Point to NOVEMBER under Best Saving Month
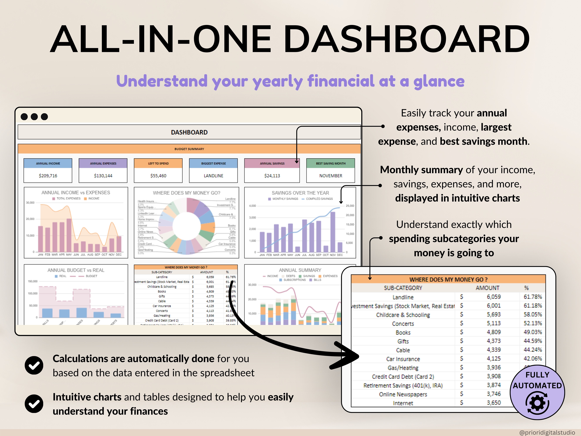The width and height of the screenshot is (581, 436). [331, 176]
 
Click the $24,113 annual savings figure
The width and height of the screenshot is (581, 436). [272, 176]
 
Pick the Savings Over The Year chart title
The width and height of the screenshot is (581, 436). [300, 193]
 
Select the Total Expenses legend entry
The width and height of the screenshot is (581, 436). [68, 198]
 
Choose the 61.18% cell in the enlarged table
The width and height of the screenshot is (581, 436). [533, 306]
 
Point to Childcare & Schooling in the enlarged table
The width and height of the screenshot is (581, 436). [403, 315]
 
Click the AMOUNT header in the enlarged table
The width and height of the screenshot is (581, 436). [488, 288]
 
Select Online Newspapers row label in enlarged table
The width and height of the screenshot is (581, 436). [403, 394]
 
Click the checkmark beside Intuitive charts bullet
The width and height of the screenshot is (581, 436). [34, 404]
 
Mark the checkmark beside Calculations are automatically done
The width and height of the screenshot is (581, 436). [34, 365]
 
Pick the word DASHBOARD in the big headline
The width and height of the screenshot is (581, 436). [407, 39]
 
